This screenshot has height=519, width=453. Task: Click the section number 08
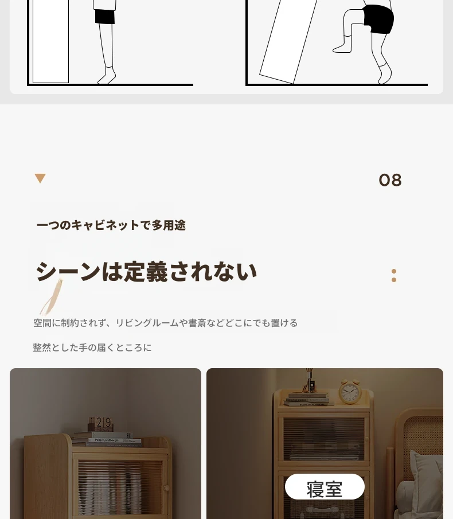tap(390, 181)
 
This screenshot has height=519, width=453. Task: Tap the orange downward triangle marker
tap(40, 178)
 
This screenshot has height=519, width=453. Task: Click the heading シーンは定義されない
tap(146, 272)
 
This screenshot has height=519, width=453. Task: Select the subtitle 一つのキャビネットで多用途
tap(111, 225)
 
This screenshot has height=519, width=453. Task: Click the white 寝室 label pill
tap(325, 486)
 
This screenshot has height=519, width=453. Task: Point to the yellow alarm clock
tap(350, 392)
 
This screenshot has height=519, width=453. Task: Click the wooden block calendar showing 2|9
tap(101, 424)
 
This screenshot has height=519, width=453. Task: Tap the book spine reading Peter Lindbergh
tap(107, 440)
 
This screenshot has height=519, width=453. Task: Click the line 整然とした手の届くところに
tap(92, 348)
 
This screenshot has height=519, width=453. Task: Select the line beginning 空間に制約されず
tap(166, 323)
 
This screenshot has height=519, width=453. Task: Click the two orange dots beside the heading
tap(394, 275)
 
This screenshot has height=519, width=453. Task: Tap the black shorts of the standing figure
tap(105, 17)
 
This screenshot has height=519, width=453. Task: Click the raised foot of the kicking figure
tap(342, 49)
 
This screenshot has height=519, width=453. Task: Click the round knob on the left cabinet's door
tap(166, 488)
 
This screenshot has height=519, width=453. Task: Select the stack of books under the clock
tap(308, 399)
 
